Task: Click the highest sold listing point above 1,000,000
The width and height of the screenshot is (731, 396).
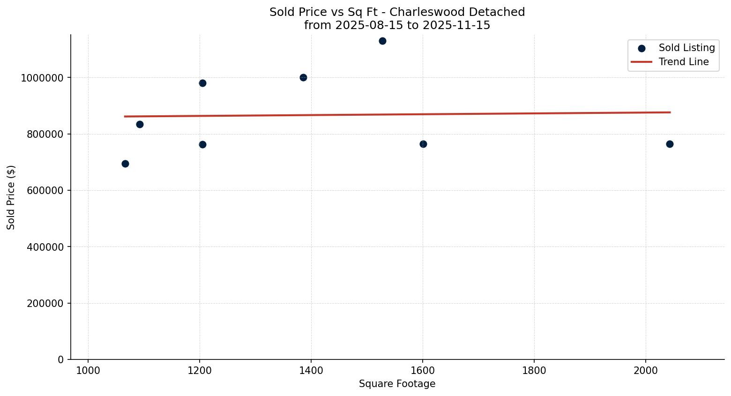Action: tap(382, 41)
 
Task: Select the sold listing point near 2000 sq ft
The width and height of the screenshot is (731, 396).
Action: tap(670, 144)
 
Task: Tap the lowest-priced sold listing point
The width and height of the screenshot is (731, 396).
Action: tap(125, 164)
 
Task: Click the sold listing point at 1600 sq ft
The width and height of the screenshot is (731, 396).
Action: tap(423, 144)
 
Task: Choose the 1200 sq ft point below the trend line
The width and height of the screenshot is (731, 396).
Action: tap(202, 144)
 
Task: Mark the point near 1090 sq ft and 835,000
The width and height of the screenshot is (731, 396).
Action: tap(140, 124)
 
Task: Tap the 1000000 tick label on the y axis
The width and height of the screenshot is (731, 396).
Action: tap(42, 78)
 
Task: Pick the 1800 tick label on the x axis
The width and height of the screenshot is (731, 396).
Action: tap(534, 371)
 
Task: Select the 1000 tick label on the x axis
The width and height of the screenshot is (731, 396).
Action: tap(88, 371)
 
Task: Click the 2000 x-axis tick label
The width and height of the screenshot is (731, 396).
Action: tap(646, 371)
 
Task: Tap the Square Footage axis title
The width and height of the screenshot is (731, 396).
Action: tap(397, 384)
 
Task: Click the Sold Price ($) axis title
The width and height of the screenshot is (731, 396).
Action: tap(11, 197)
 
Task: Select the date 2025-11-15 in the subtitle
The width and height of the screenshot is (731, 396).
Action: tap(456, 25)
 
